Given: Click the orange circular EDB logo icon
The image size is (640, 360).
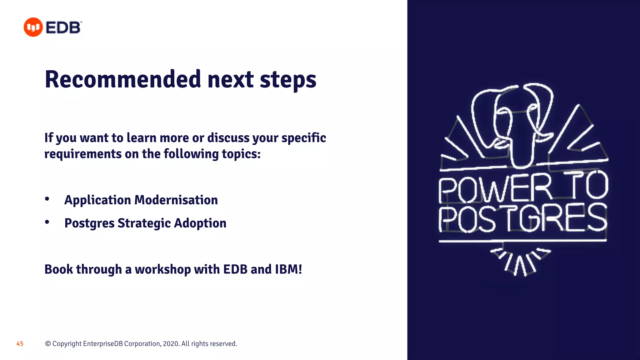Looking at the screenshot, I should [33, 27].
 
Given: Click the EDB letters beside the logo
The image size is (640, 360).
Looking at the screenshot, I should [63, 27].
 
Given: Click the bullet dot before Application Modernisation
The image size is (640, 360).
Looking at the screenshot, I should [47, 199].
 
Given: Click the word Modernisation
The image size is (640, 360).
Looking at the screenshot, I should [176, 200].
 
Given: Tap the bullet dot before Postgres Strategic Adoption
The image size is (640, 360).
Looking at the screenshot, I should [47, 222].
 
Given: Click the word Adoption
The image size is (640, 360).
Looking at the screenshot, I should [200, 223].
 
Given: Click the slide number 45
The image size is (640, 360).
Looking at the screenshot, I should [20, 344].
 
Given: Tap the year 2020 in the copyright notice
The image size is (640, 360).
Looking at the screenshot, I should [171, 344].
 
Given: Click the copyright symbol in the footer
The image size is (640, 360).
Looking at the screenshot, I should [48, 344].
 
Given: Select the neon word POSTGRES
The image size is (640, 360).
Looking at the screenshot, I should [522, 218].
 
